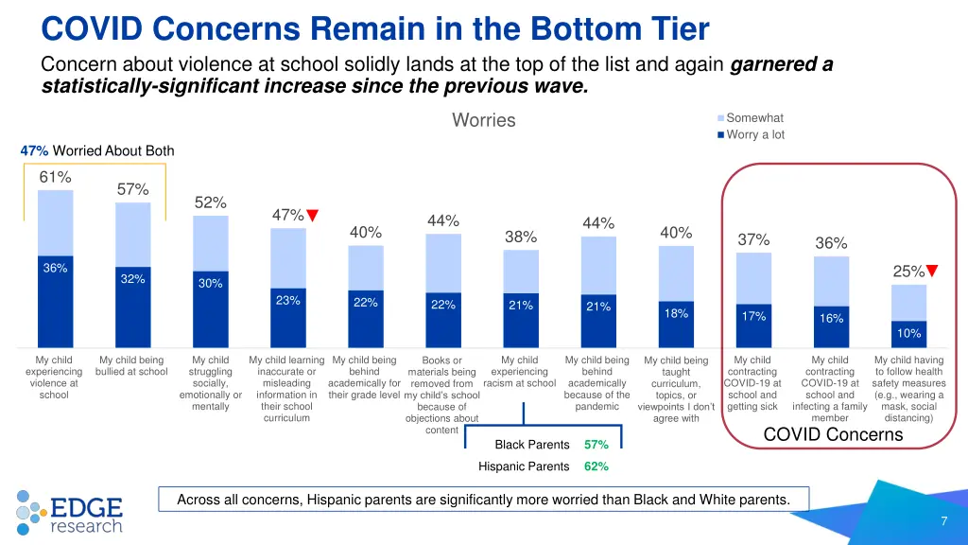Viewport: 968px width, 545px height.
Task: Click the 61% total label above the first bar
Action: (55, 177)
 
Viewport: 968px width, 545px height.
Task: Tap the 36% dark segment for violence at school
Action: (55, 301)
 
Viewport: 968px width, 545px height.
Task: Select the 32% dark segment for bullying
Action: (132, 308)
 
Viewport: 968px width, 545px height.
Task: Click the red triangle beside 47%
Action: (313, 215)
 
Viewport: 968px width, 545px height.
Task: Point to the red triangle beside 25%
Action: (932, 272)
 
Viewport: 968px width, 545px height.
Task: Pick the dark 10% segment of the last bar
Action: (908, 334)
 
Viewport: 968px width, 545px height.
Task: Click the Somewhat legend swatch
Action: (720, 118)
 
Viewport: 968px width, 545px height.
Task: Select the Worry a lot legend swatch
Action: (720, 134)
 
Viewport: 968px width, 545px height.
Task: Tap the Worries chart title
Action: (484, 120)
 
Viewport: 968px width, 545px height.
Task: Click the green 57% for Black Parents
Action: (596, 445)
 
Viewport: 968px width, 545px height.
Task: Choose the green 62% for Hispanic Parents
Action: (596, 466)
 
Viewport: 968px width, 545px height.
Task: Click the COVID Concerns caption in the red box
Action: (833, 435)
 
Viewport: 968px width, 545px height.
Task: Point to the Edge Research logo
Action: (69, 512)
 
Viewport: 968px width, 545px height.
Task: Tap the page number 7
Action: (943, 521)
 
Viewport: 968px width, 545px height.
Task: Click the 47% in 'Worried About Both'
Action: (34, 150)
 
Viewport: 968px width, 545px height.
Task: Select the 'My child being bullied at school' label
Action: (131, 365)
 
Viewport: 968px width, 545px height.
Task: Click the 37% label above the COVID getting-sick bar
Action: (753, 239)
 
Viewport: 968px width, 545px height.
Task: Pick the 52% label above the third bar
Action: (210, 202)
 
